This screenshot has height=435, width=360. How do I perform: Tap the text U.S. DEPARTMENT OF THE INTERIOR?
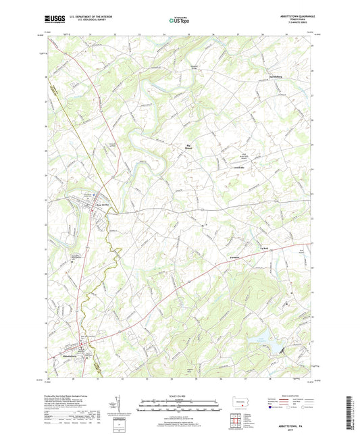(80, 18)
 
